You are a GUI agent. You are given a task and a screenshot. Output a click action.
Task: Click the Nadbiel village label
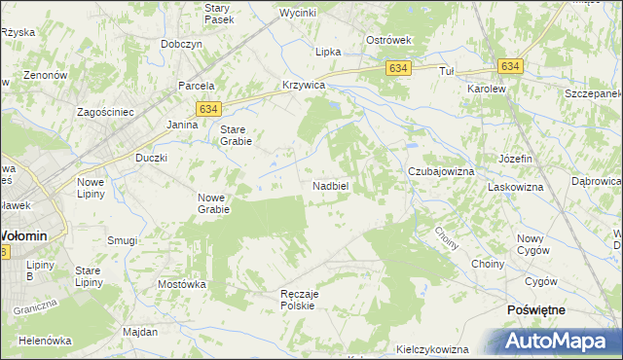coord(331,185)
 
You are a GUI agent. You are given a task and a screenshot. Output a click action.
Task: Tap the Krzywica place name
coord(302,86)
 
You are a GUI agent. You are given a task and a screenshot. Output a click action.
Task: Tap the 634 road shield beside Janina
coord(206,110)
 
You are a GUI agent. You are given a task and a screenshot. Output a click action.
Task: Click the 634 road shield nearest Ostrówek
coord(397,69)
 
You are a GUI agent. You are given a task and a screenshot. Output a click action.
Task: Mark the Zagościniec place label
coord(105,112)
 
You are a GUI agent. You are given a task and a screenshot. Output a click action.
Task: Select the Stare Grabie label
coord(237,135)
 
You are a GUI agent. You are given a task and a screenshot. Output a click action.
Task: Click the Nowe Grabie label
coord(213,202)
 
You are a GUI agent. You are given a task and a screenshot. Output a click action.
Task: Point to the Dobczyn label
coord(182,45)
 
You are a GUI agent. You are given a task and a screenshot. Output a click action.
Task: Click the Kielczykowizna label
coord(433,349)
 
